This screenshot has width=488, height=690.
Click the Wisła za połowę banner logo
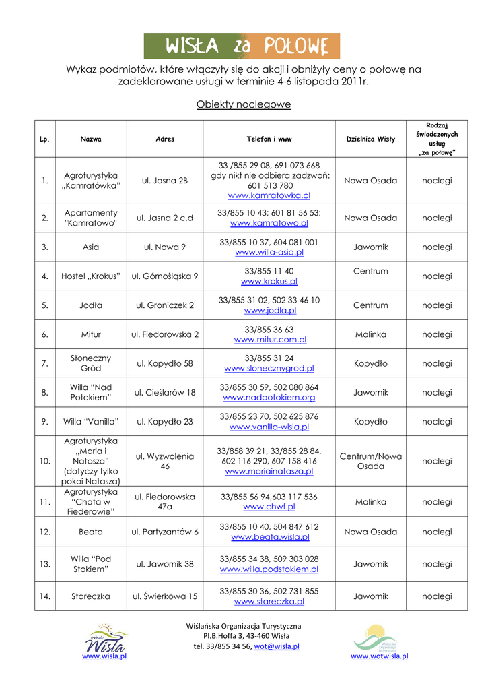tap(242, 46)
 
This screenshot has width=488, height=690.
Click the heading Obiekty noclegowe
tap(244, 104)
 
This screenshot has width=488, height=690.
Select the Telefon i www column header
tap(269, 139)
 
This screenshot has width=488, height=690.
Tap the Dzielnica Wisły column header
tap(370, 139)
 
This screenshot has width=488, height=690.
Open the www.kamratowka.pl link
tap(269, 195)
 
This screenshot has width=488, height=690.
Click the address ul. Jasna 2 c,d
tap(165, 218)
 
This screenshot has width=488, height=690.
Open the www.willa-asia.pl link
tap(269, 252)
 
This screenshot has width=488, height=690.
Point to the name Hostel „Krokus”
tap(91, 276)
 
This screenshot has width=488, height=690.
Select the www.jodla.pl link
tap(270, 311)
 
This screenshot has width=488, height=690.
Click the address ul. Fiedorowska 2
tap(165, 334)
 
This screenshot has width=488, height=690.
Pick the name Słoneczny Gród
tap(91, 363)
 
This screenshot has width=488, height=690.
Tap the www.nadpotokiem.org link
tap(269, 398)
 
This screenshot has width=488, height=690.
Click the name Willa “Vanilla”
tap(91, 422)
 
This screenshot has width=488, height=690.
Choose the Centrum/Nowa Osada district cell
tap(370, 461)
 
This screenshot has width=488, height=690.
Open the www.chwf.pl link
tap(269, 507)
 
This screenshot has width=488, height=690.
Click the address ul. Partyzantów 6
tap(165, 532)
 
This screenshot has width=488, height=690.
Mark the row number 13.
tap(44, 564)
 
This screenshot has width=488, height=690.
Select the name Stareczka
tap(91, 596)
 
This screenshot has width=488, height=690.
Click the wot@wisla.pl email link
tap(277, 646)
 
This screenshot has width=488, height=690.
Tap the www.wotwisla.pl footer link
tap(380, 656)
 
